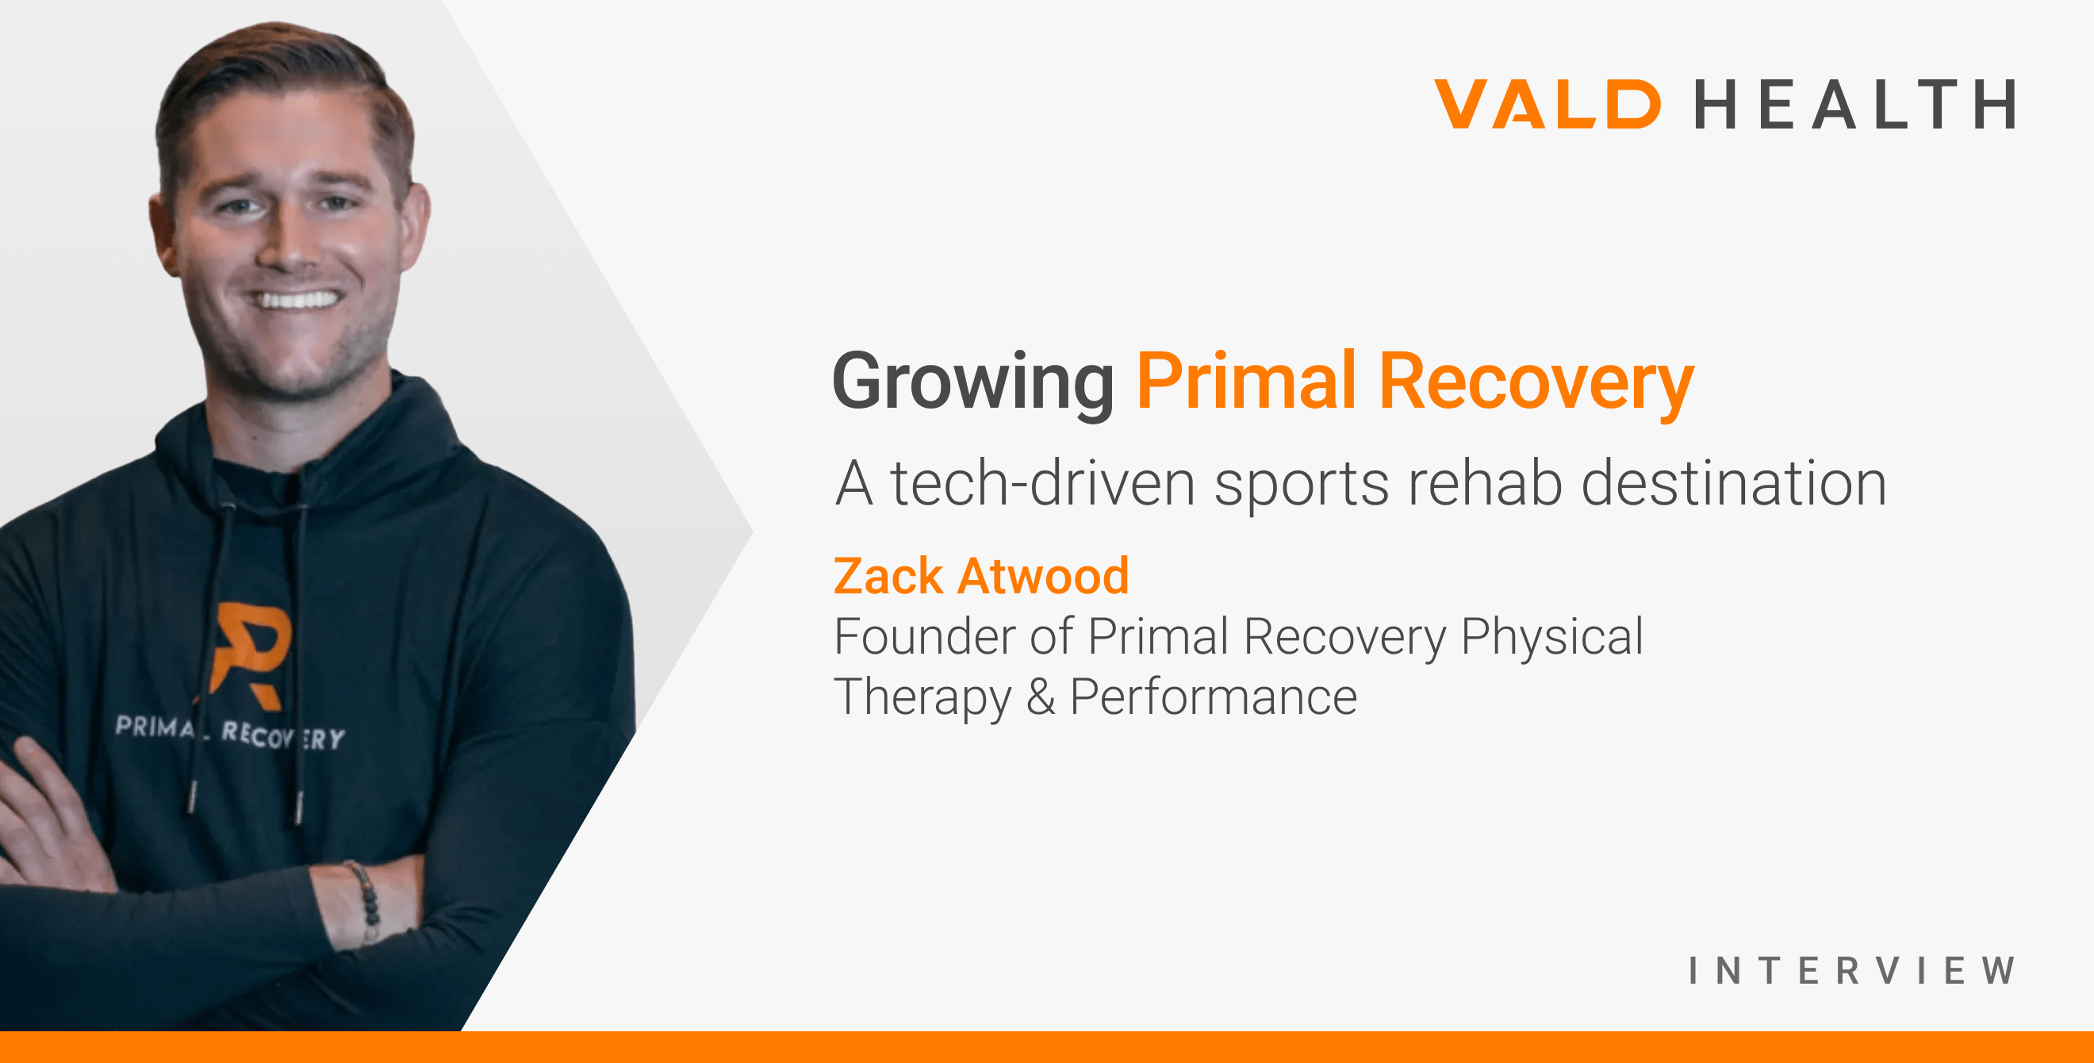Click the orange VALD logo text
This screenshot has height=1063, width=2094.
pyautogui.click(x=1547, y=104)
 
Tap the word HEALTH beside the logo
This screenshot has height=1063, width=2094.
pyautogui.click(x=1854, y=104)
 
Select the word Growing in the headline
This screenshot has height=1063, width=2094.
pyautogui.click(x=973, y=381)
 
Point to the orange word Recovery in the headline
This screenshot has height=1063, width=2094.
pyautogui.click(x=1536, y=381)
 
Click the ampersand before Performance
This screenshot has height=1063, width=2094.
pyautogui.click(x=1041, y=697)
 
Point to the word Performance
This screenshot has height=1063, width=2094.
pyautogui.click(x=1213, y=697)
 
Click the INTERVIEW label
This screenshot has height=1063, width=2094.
pyautogui.click(x=1851, y=970)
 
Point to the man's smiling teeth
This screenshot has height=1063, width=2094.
pyautogui.click(x=296, y=300)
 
